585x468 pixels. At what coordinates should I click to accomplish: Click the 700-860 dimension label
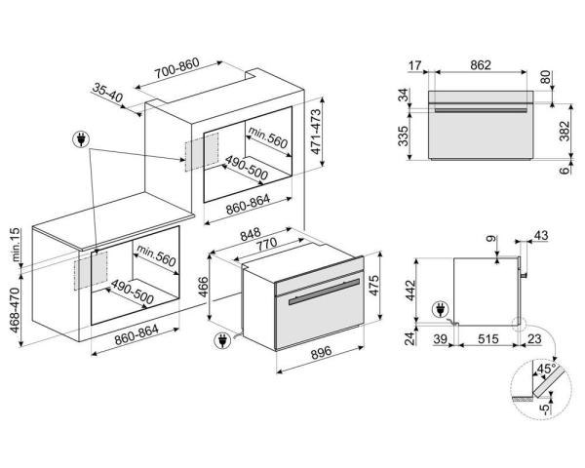pos(177,68)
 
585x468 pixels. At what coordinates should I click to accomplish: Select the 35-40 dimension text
pos(107,93)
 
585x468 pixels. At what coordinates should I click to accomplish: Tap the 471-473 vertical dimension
pos(316,132)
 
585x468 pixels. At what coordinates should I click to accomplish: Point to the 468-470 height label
pos(15,310)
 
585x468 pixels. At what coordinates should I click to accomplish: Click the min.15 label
pos(15,245)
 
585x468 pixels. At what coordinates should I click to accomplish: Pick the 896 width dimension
pos(321,353)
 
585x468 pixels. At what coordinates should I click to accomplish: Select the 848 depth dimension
pos(251,235)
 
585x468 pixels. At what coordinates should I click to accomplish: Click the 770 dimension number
pos(267,245)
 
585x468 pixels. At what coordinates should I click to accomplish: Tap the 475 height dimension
pos(373,286)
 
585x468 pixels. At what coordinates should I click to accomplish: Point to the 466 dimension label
pos(204,287)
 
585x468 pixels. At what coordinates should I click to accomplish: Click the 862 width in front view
pos(481,65)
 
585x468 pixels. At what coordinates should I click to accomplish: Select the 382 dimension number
pos(565,131)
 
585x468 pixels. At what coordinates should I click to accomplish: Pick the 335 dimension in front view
pos(403,136)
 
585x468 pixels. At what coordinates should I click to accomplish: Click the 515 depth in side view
pos(488,339)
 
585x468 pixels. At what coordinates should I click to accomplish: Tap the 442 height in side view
pos(409,291)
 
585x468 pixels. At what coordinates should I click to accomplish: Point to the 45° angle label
pos(546,369)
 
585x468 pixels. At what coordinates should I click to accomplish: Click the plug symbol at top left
pos(81,139)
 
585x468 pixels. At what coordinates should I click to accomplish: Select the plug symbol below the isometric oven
pos(222,340)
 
